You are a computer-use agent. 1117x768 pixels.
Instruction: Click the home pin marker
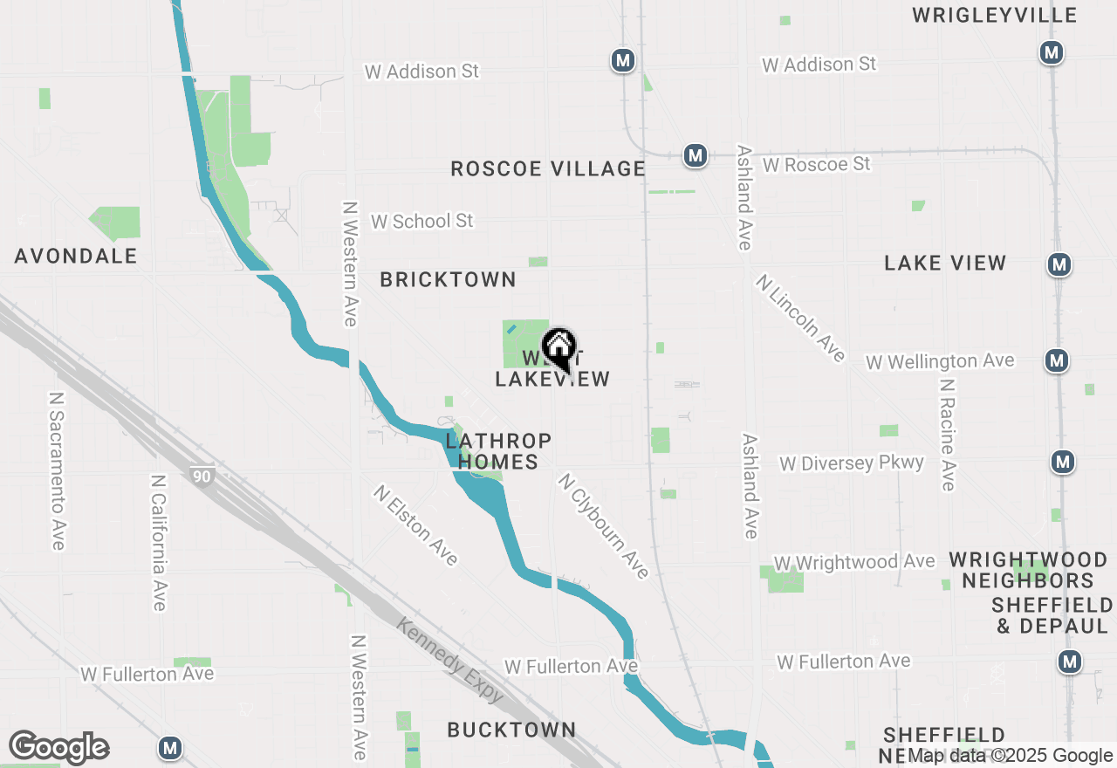click(559, 348)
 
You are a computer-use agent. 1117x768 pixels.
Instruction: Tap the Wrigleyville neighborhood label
click(994, 15)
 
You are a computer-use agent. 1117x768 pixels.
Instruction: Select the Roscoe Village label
click(548, 168)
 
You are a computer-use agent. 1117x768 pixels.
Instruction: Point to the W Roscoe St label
click(816, 164)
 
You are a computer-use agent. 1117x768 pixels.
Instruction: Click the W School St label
click(421, 221)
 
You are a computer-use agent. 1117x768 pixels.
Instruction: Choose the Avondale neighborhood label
click(76, 256)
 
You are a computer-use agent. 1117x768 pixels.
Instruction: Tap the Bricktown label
click(448, 279)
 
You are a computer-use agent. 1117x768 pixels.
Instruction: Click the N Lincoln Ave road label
click(801, 318)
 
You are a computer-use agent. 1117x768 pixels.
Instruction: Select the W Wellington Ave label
click(940, 360)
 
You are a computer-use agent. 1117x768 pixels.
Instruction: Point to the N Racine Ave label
click(949, 434)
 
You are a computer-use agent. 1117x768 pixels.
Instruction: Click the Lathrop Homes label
click(498, 451)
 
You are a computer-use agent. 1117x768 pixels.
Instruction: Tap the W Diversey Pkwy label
click(851, 463)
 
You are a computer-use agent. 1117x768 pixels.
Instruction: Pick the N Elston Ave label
click(415, 525)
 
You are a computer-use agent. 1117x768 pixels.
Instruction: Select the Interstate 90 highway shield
click(201, 476)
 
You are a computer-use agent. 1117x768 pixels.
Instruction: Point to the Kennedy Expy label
click(449, 661)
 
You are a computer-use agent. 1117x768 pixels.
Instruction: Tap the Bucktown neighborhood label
click(511, 730)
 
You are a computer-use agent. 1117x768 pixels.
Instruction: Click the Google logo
click(58, 748)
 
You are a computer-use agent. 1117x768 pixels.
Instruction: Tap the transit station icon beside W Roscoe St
click(695, 155)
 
